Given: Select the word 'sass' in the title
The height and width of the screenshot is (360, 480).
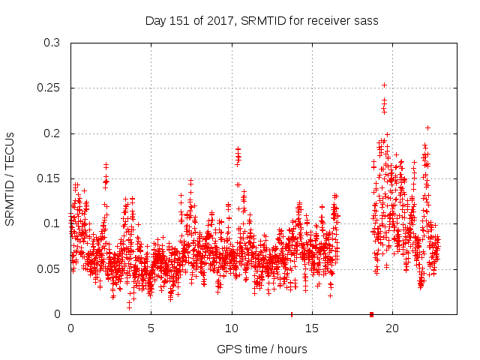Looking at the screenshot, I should (x=365, y=21).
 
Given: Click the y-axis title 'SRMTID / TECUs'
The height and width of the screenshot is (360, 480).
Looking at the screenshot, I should (x=10, y=178).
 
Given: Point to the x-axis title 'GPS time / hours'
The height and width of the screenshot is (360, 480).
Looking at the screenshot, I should (x=262, y=349).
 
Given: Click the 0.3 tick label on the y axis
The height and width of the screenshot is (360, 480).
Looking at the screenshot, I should (x=52, y=43).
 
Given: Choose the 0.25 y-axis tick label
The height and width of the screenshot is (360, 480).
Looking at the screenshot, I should (x=49, y=88).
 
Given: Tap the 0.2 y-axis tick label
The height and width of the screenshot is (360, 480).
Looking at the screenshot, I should (x=52, y=133).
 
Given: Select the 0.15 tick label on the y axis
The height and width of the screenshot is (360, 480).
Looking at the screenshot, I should (x=49, y=178).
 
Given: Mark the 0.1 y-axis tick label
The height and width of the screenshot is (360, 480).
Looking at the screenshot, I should (x=52, y=223).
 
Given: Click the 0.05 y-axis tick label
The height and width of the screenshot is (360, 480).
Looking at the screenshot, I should (x=49, y=268).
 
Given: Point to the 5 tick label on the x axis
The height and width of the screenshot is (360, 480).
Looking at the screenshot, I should (x=151, y=328).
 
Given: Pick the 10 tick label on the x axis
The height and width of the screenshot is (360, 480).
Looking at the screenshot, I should (x=232, y=328).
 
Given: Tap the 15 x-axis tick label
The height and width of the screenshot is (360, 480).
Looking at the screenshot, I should (x=312, y=328).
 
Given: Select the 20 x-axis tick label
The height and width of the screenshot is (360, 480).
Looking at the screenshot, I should (x=392, y=328).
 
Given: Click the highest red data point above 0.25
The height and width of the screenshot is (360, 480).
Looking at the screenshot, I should (x=384, y=85).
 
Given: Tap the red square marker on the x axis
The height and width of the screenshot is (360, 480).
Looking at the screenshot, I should (x=371, y=314).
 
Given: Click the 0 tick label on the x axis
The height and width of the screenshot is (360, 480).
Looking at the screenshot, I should (x=70, y=328).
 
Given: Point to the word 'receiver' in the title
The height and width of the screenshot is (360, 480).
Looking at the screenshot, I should (x=326, y=21).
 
